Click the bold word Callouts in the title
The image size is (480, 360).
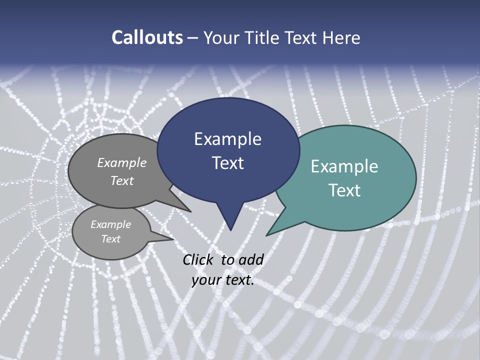pos(147,37)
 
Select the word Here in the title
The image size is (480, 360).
pos(342,37)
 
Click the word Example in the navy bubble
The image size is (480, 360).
pos(227,139)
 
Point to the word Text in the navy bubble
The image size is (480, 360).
pos(227,163)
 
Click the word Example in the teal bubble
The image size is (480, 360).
pos(344,166)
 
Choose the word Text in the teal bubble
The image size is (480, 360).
pos(344,190)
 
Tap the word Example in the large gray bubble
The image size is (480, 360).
pos(122,162)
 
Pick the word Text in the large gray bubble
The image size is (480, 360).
pos(122,180)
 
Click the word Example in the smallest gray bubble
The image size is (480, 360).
pos(110,224)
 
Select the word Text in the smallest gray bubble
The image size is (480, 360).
pos(110,239)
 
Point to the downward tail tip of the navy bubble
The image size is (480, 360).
pos(230,229)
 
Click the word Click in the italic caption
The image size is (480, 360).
pos(198,259)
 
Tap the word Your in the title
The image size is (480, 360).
pos(220,37)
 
